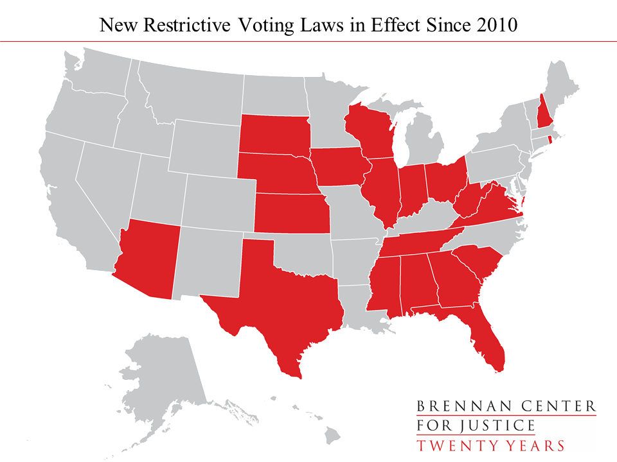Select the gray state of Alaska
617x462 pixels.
pyautogui.click(x=161, y=372)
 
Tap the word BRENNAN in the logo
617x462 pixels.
pyautogui.click(x=455, y=406)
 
